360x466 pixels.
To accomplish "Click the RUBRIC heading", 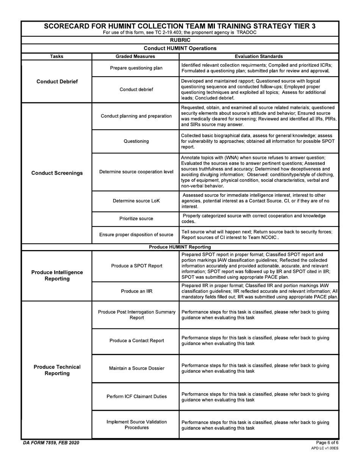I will pyautogui.click(x=180, y=40).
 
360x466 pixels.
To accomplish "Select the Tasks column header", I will pyautogui.click(x=56, y=56).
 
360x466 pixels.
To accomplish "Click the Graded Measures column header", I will pyautogui.click(x=135, y=56).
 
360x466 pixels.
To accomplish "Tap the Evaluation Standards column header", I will pyautogui.click(x=259, y=56).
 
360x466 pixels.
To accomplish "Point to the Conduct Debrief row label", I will pyautogui.click(x=57, y=81).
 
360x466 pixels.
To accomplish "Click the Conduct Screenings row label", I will pyautogui.click(x=57, y=173).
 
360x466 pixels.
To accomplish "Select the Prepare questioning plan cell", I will pyautogui.click(x=136, y=68).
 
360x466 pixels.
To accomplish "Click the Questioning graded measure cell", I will pyautogui.click(x=136, y=141).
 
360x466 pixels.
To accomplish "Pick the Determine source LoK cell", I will pyautogui.click(x=136, y=201).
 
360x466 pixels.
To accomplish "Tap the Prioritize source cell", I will pyautogui.click(x=136, y=219).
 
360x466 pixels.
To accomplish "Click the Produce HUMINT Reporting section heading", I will pyautogui.click(x=180, y=247).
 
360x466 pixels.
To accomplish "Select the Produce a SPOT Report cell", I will pyautogui.click(x=136, y=266).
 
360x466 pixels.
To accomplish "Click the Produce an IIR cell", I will pyautogui.click(x=136, y=291).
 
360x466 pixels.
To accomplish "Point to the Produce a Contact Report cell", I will pyautogui.click(x=136, y=341).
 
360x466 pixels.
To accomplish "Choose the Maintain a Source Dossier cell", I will pyautogui.click(x=136, y=368).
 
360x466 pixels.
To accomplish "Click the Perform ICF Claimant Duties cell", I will pyautogui.click(x=136, y=397).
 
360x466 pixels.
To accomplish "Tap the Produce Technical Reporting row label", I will pyautogui.click(x=57, y=370).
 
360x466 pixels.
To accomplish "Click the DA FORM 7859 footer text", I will pyautogui.click(x=51, y=443).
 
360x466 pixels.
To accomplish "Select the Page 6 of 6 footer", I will pyautogui.click(x=327, y=443).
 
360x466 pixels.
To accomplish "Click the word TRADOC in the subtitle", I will pyautogui.click(x=247, y=33).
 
